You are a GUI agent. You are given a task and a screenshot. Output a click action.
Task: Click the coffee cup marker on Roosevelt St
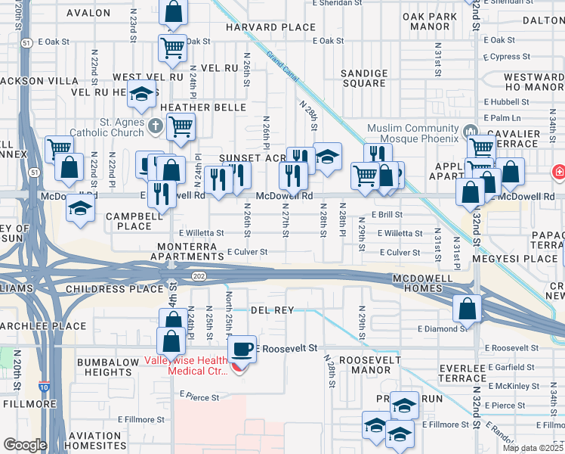(242, 349)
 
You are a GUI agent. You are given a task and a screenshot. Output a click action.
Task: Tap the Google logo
(26, 445)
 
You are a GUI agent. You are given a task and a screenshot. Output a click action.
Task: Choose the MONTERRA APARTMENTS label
(189, 252)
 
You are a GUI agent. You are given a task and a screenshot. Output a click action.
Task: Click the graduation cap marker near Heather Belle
(141, 95)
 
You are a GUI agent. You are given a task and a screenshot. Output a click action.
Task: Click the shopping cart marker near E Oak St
(173, 48)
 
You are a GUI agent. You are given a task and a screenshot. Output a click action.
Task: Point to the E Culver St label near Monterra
(248, 251)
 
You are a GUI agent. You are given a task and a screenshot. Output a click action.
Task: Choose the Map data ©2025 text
(533, 448)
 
